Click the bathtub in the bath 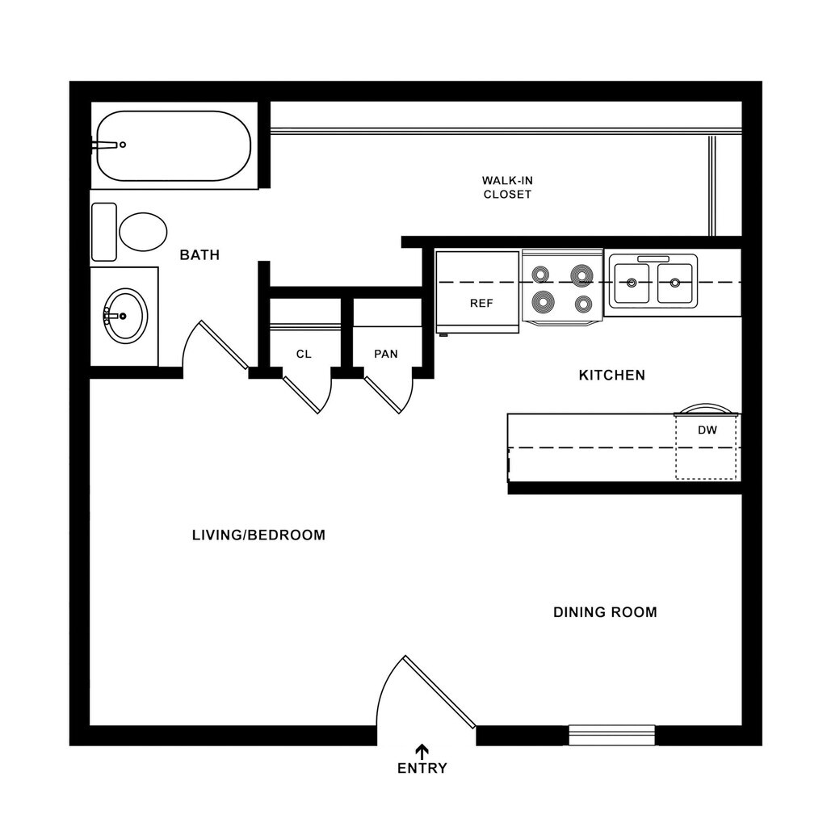174,145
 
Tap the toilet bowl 143,232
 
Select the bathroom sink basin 125,316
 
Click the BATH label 199,255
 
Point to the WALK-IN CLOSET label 507,187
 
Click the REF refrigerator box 478,292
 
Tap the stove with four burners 562,288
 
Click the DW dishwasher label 707,430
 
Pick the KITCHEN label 612,375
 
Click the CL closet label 304,354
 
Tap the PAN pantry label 386,354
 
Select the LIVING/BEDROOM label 258,535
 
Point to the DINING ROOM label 605,612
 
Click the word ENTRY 422,768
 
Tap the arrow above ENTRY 422,750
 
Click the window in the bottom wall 611,735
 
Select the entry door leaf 439,692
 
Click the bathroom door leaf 224,345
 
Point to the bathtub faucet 109,145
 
